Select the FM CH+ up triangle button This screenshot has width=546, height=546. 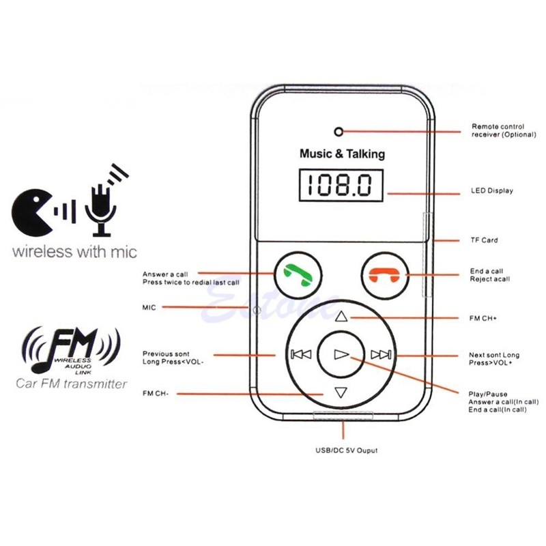point(341,316)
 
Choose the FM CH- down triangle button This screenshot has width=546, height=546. point(341,392)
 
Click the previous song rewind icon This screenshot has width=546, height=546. point(300,354)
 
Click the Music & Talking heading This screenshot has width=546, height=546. point(342,154)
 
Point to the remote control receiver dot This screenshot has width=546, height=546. point(337,130)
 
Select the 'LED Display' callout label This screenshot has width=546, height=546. point(491,190)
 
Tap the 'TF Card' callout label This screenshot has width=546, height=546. point(484,240)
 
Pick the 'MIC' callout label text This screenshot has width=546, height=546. point(149,308)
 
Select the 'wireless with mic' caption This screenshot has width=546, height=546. point(74,252)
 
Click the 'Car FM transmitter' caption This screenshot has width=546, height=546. point(72,384)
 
